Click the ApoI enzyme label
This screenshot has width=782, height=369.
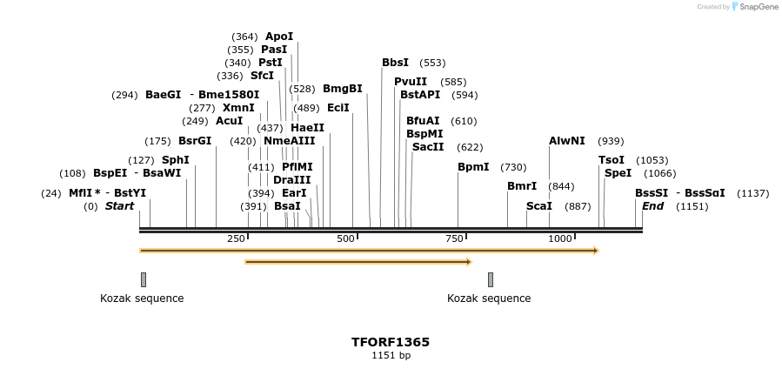(x=279, y=37)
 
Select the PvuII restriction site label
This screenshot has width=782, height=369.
(x=411, y=81)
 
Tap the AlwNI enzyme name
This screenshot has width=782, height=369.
(x=567, y=141)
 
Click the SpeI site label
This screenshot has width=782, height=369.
(x=618, y=173)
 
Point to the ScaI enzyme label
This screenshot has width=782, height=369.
(x=539, y=206)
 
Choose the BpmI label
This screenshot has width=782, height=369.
(x=473, y=167)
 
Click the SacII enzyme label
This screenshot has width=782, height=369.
(x=428, y=147)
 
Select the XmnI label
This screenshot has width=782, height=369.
(x=238, y=108)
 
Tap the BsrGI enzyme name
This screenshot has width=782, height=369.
(x=195, y=141)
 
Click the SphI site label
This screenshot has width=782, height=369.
(x=176, y=160)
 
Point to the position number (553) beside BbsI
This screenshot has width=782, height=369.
(x=432, y=63)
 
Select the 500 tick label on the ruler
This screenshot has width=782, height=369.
(x=346, y=238)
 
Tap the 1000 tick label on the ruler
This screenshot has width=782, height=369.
(x=560, y=238)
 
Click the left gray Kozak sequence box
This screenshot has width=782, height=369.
(x=144, y=279)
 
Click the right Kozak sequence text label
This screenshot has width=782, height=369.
(x=489, y=299)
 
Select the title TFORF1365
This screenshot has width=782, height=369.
(x=391, y=342)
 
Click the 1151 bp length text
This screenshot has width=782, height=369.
(x=391, y=355)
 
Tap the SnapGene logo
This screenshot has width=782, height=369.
(x=755, y=7)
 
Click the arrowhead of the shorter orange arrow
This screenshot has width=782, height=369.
(x=468, y=261)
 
